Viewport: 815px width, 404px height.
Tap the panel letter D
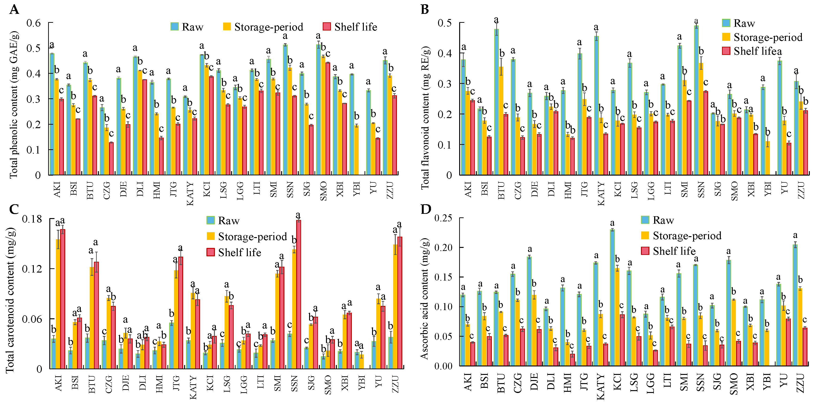point(426,209)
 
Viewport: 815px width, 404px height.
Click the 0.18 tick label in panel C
point(32,219)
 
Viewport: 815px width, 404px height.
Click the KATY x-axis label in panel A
point(190,193)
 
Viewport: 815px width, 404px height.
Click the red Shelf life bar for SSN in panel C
point(298,294)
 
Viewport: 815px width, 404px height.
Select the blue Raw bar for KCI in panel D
point(613,297)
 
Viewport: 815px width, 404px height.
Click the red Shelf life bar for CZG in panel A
point(111,158)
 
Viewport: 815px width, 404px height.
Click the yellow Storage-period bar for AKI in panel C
point(58,304)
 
